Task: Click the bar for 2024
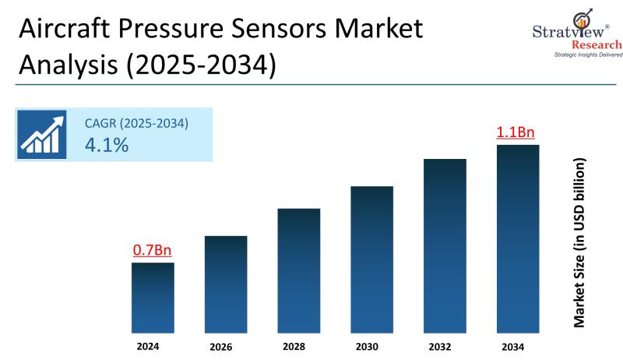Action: [x=152, y=296]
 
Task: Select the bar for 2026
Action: [x=226, y=283]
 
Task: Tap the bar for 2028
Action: [x=299, y=270]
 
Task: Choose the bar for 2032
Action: [x=445, y=245]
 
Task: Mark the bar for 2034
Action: [x=518, y=238]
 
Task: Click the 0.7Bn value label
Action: [x=152, y=250]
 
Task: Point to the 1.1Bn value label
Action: [x=516, y=132]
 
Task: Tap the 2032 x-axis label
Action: [x=444, y=347]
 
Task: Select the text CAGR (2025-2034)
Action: [x=136, y=122]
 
